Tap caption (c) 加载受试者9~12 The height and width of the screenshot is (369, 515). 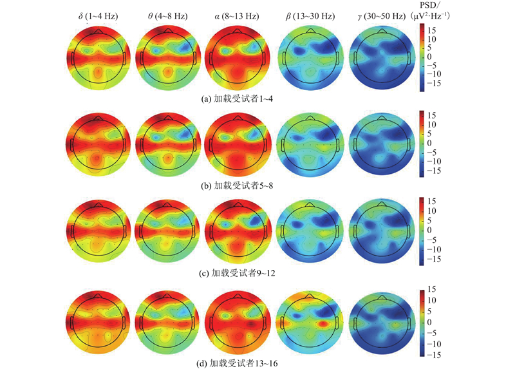pyautogui.click(x=238, y=272)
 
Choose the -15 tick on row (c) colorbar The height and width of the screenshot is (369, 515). pyautogui.click(x=435, y=256)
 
